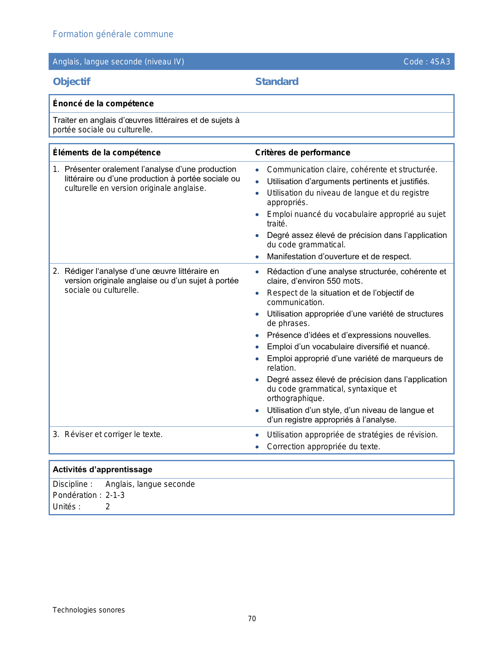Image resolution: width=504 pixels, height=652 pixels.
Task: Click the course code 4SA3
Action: [x=440, y=62]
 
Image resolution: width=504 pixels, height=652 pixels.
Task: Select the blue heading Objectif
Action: [x=72, y=82]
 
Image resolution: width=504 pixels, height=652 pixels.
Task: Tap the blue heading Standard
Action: [x=277, y=82]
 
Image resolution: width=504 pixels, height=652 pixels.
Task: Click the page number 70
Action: [x=252, y=619]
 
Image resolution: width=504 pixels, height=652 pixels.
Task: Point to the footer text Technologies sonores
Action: [x=89, y=610]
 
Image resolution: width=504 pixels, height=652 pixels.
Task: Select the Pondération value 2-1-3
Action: [x=115, y=495]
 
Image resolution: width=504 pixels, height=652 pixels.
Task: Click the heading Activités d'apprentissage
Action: [x=102, y=469]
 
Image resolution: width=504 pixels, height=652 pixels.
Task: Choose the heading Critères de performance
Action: [x=302, y=153]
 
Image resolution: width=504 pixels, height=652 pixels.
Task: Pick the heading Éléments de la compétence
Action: [x=107, y=153]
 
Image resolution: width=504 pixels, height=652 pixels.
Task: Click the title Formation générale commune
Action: [x=113, y=34]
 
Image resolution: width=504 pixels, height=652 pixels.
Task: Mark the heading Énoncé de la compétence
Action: [x=103, y=104]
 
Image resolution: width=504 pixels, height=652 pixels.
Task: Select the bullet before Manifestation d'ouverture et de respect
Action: [x=257, y=257]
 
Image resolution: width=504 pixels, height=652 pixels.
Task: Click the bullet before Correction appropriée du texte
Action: [x=257, y=447]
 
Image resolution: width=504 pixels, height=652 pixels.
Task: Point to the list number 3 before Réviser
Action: [x=56, y=435]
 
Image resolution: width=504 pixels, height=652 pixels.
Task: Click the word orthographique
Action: [x=295, y=398]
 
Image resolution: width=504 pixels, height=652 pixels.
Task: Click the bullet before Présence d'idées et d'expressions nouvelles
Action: [x=257, y=335]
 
